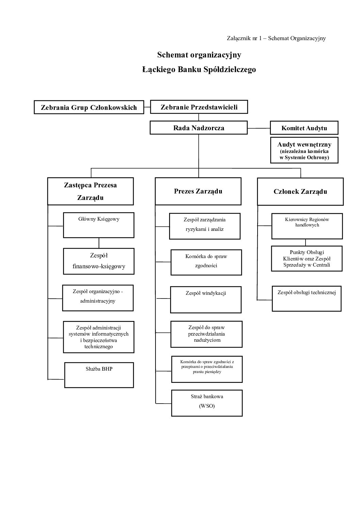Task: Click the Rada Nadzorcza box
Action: pyautogui.click(x=198, y=128)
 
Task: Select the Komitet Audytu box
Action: pyautogui.click(x=304, y=128)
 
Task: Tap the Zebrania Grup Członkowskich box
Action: pyautogui.click(x=89, y=107)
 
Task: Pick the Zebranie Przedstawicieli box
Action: pyautogui.click(x=199, y=107)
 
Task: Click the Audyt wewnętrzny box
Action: pyautogui.click(x=304, y=150)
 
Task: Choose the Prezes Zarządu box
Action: pyautogui.click(x=198, y=191)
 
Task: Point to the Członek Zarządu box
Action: pyautogui.click(x=300, y=191)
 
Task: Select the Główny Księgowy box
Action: pyautogui.click(x=98, y=225)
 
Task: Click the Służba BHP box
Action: pyautogui.click(x=99, y=375)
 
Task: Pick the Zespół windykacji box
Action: pyautogui.click(x=206, y=300)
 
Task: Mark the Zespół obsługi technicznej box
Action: pyautogui.click(x=306, y=299)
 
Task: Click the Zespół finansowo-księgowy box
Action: pyautogui.click(x=98, y=261)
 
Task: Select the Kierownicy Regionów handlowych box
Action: pyautogui.click(x=307, y=226)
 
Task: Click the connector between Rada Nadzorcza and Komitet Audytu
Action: pyautogui.click(x=259, y=128)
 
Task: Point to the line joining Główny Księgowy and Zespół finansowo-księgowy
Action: pyautogui.click(x=99, y=243)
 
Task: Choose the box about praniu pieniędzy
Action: pyautogui.click(x=207, y=369)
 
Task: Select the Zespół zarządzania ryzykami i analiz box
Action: pyautogui.click(x=204, y=226)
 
